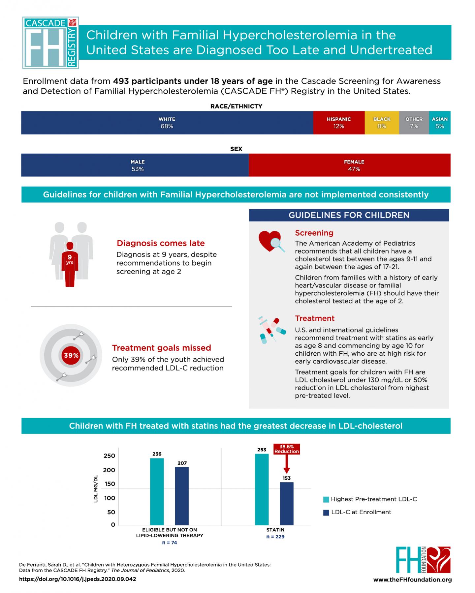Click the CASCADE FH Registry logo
coord(50,43)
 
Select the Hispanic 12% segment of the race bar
coord(339,123)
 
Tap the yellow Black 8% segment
coord(382,123)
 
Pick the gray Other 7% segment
coord(414,123)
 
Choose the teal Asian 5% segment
coord(440,123)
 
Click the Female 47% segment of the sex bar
coord(349,165)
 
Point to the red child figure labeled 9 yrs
coord(70,264)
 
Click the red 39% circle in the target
coord(71,355)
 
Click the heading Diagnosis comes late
coord(161,243)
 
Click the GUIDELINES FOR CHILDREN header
coord(349,215)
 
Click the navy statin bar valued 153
coord(287,503)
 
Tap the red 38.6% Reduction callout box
coord(286,449)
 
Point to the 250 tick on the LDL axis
coord(109,456)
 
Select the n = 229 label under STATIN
coord(275,537)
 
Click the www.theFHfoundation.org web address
coord(412,579)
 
